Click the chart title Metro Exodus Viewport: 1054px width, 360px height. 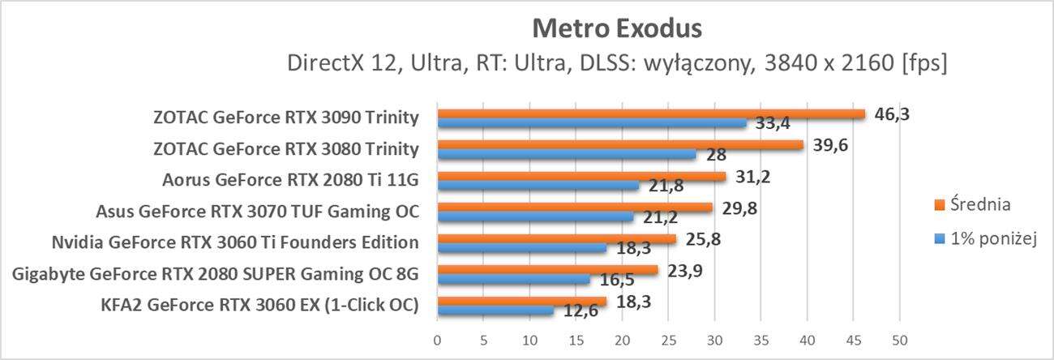tap(616, 28)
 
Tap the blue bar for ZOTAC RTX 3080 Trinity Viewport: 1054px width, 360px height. tap(567, 154)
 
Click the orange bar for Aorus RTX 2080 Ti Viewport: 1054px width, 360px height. tap(581, 176)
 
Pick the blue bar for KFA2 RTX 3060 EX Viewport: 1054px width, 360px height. tap(495, 311)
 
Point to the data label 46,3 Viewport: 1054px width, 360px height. tap(893, 114)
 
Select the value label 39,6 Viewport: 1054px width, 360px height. tap(831, 144)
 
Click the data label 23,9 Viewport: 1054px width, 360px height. tap(685, 271)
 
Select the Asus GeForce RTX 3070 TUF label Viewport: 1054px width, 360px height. tap(256, 213)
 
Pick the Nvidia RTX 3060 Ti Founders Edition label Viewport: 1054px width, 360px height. tap(234, 242)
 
